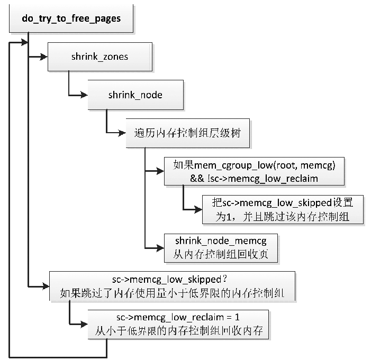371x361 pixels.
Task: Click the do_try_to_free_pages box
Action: [x=71, y=18]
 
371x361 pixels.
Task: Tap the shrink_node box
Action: [x=135, y=95]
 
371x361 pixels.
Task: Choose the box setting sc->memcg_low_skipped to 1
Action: [x=283, y=210]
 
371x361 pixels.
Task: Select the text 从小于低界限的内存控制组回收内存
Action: [x=178, y=332]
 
